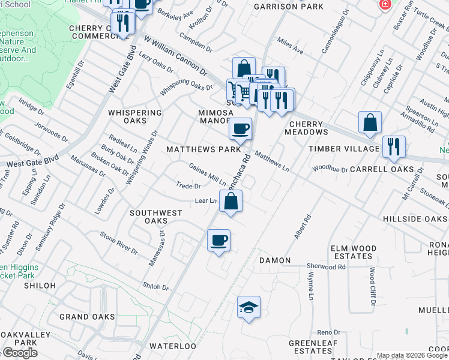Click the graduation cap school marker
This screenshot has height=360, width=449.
249,307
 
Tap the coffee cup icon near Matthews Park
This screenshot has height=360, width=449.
240,128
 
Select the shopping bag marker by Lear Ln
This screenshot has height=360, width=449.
231,202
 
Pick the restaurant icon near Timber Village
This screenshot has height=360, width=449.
394,146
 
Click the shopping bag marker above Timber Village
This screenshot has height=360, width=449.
370,122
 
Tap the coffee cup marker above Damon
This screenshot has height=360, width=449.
218,240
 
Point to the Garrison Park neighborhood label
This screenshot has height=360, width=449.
289,7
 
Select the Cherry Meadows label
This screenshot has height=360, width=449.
304,128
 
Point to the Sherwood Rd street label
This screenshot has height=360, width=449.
326,266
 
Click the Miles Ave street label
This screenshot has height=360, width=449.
291,46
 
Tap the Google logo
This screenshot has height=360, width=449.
19,353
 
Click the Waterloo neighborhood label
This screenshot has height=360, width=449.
172,346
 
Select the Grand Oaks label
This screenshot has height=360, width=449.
87,317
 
